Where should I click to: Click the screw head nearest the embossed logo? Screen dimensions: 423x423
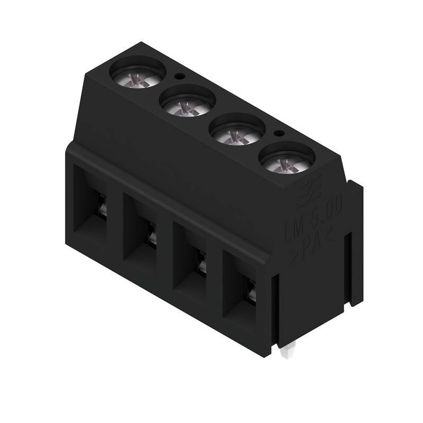(x=288, y=161)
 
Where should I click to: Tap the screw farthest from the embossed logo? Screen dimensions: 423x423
(x=137, y=75)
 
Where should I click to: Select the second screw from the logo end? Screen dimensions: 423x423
(x=238, y=132)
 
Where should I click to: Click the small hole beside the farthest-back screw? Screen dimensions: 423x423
(x=180, y=76)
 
